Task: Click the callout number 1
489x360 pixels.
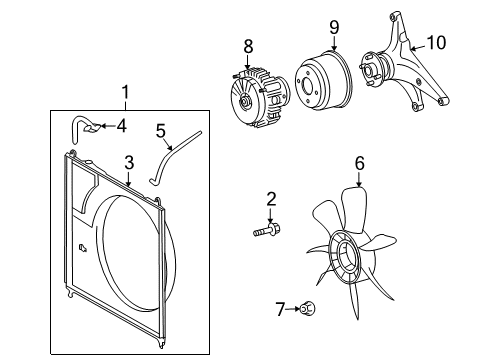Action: (125, 93)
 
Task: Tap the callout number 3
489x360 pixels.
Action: (128, 163)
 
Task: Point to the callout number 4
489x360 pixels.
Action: (121, 125)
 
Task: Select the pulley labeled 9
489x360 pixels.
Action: (322, 77)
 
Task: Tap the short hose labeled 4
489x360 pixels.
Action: (85, 127)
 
